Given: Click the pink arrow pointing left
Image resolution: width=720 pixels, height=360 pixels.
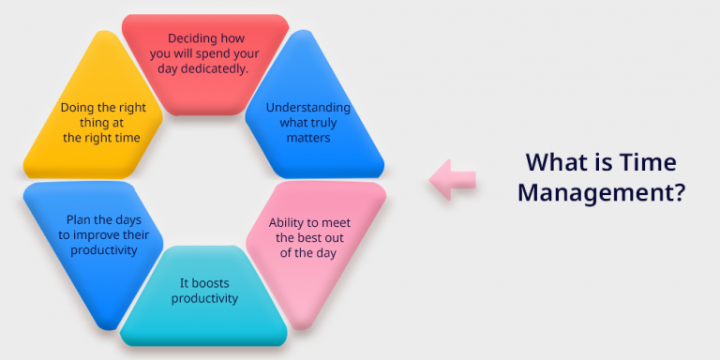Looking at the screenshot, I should pos(451,178).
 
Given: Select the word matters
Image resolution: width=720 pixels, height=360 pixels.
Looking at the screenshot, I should pos(308,138).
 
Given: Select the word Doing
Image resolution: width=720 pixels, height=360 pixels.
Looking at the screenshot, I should pos(79,107).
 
